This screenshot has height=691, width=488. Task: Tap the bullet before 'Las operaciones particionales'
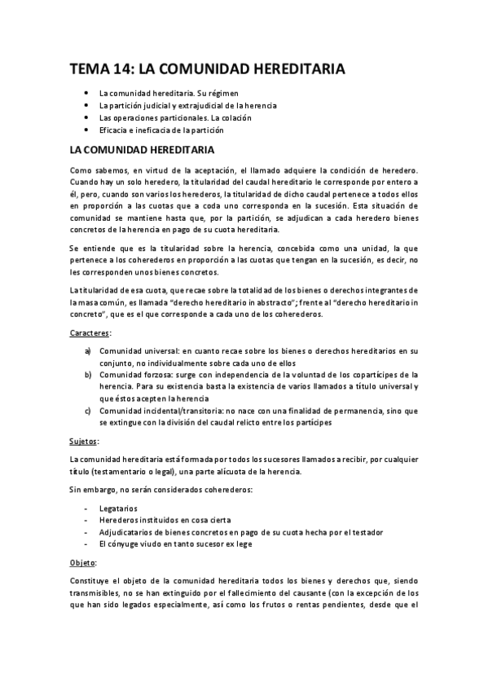click(x=86, y=117)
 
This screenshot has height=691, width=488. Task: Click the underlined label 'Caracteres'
click(x=90, y=334)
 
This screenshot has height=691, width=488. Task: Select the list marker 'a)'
click(x=88, y=351)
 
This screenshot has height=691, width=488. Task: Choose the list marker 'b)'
click(x=88, y=375)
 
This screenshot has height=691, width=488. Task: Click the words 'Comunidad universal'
click(x=139, y=351)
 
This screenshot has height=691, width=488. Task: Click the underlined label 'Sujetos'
click(x=84, y=441)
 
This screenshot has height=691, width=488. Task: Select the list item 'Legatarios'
click(x=119, y=507)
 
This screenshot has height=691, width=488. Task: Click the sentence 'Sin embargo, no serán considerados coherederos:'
click(x=160, y=489)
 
